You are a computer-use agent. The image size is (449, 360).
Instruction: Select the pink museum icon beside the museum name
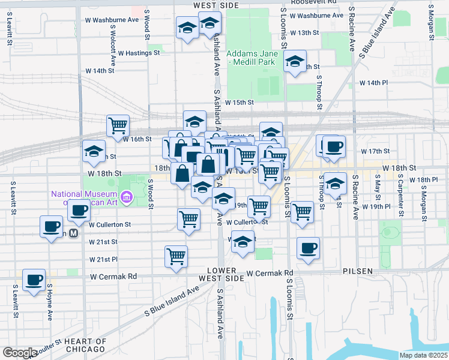pyautogui.click(x=126, y=197)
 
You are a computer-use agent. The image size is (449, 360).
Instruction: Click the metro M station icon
pyautogui.click(x=74, y=233)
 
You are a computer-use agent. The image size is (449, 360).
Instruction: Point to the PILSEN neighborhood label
pyautogui.click(x=358, y=271)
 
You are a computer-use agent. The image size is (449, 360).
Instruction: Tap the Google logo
pyautogui.click(x=19, y=353)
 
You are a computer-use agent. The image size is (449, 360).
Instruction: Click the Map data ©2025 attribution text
pyautogui.click(x=423, y=355)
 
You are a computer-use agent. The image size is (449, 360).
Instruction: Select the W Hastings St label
pyautogui.click(x=139, y=53)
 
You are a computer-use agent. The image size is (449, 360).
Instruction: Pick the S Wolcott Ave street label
pyautogui.click(x=112, y=46)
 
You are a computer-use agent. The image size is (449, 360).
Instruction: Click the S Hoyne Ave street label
pyautogui.click(x=50, y=303)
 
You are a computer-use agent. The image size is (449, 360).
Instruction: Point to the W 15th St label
pyautogui.click(x=240, y=103)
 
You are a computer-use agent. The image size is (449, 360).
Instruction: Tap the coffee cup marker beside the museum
pyautogui.click(x=79, y=210)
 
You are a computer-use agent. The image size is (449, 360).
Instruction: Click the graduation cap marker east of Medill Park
pyautogui.click(x=295, y=62)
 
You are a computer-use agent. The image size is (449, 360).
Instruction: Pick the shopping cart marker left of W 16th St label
pyautogui.click(x=118, y=125)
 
